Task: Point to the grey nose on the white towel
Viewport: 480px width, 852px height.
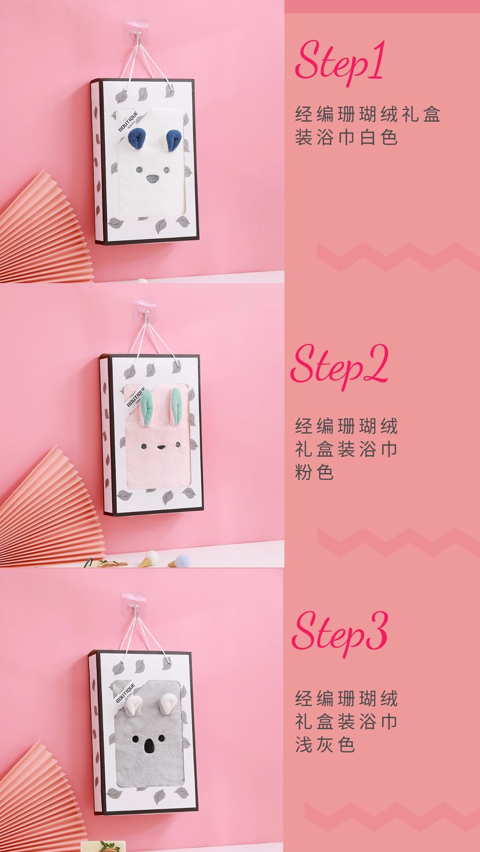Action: (x=152, y=179)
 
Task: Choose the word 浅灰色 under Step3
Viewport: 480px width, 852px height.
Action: (x=325, y=744)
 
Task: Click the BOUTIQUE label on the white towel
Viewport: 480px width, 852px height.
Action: (x=128, y=121)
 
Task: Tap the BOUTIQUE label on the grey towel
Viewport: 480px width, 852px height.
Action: (x=126, y=693)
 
